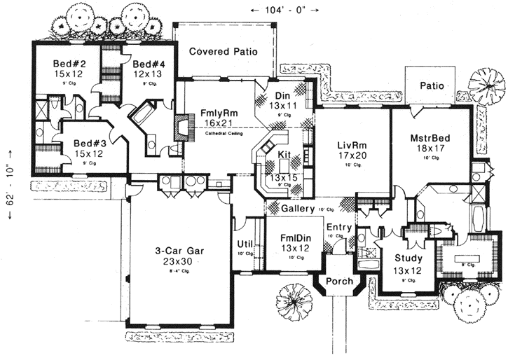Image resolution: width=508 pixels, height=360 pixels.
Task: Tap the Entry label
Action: [x=339, y=227]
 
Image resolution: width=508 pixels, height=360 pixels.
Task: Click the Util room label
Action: [x=245, y=244]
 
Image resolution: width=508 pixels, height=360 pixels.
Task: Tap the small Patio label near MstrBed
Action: [x=433, y=85]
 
